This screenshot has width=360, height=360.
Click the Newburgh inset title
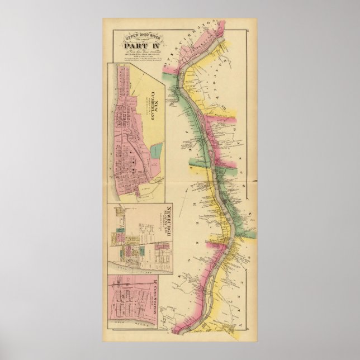[165, 224]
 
